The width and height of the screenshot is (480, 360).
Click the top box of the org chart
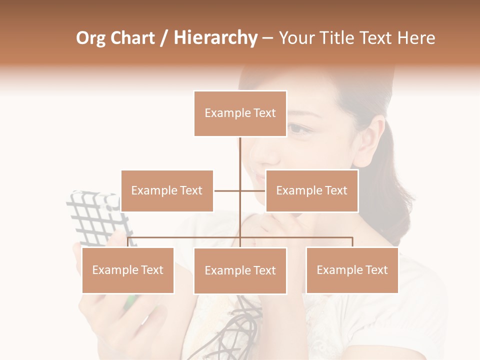(x=240, y=113)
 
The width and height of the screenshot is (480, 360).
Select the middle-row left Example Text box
(x=167, y=190)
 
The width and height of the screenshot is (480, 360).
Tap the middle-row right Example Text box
(x=311, y=190)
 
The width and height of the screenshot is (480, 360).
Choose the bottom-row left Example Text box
(x=128, y=270)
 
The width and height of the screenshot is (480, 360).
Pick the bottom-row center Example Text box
(x=240, y=270)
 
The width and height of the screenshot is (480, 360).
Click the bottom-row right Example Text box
(x=352, y=270)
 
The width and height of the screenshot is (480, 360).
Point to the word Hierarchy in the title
(x=215, y=38)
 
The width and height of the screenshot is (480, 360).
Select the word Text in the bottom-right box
(x=375, y=270)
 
